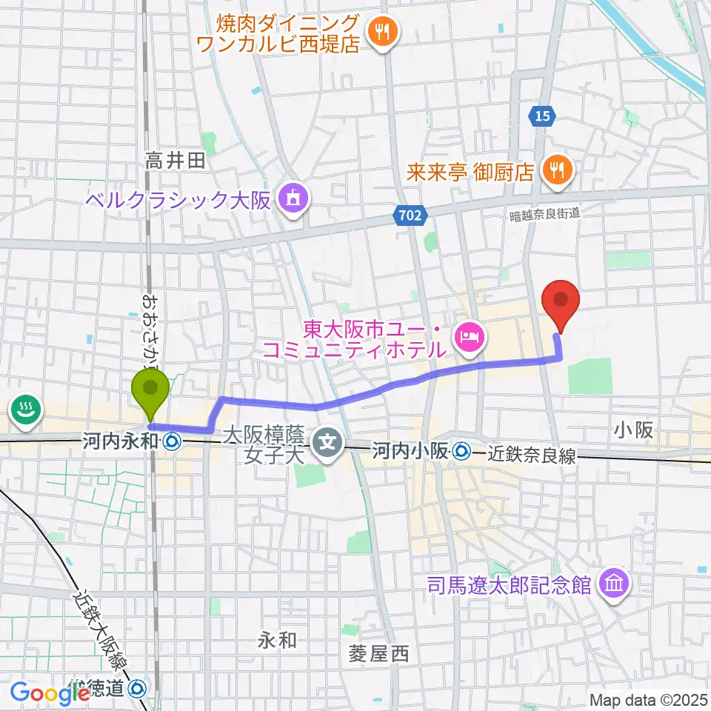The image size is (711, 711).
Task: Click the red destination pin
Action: pos(560,302)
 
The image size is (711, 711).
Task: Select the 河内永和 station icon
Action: pos(172,442)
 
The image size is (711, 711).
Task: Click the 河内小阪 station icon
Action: pos(463,450)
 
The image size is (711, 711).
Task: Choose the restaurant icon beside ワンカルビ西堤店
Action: pos(383,31)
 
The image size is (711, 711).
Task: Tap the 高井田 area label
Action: pos(175,161)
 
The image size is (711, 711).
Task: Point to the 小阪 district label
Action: pos(633,430)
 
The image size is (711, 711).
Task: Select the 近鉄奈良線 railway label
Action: pos(532,456)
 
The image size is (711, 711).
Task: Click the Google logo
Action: pos(50,693)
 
